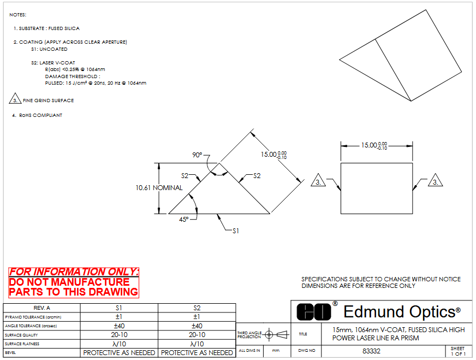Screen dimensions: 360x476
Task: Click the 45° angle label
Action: click(x=183, y=219)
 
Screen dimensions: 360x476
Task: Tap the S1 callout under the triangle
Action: click(x=236, y=231)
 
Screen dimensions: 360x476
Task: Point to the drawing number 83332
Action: click(x=371, y=351)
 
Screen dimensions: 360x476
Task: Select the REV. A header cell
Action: click(x=41, y=308)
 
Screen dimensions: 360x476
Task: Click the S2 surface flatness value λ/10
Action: click(x=197, y=344)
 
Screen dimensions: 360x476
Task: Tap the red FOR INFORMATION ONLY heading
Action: click(x=74, y=272)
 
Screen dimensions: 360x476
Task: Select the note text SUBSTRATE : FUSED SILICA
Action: click(x=49, y=28)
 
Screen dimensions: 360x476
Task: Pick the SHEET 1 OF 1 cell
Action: click(x=457, y=351)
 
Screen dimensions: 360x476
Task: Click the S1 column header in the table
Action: click(x=118, y=308)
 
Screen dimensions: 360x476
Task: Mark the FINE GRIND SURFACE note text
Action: click(x=48, y=101)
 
